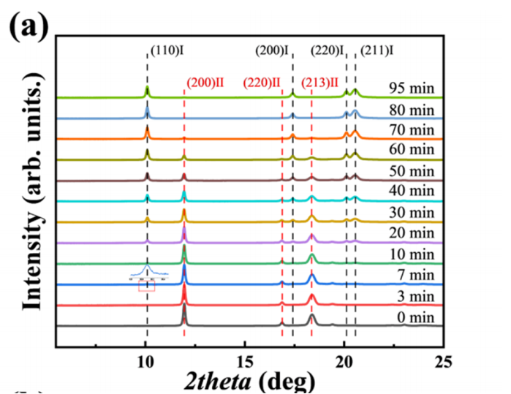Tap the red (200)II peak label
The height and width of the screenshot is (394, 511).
204,82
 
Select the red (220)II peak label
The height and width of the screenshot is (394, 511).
262,82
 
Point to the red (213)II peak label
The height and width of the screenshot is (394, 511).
319,82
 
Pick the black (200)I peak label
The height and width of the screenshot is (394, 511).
273,50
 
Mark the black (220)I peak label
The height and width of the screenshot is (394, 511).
328,50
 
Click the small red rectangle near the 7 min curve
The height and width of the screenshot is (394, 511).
146,287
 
